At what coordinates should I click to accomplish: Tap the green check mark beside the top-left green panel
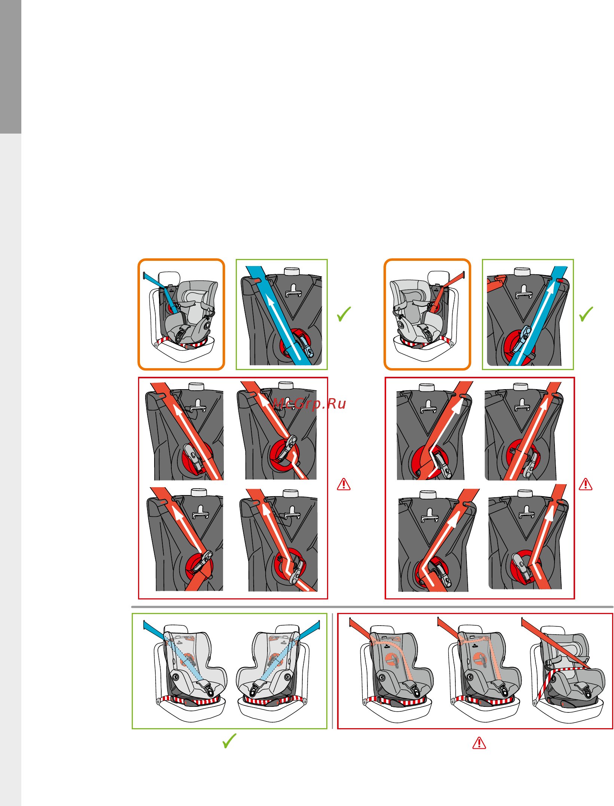pyautogui.click(x=343, y=314)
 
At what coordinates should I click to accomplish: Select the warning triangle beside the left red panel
pyautogui.click(x=344, y=484)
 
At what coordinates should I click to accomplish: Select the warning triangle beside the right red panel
pyautogui.click(x=586, y=484)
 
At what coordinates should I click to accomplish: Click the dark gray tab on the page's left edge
pyautogui.click(x=10, y=67)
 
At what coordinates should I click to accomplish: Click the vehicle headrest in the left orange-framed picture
pyautogui.click(x=169, y=278)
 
